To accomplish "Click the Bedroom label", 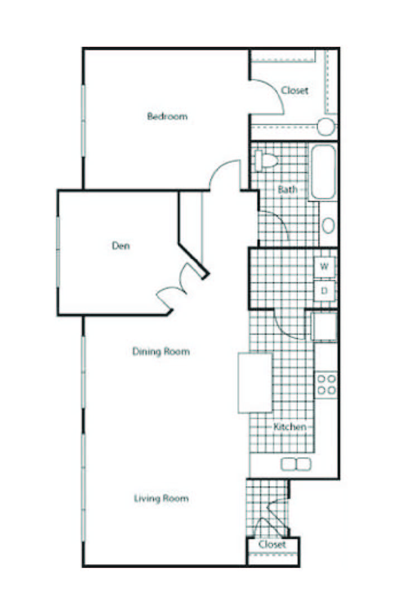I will (167, 117).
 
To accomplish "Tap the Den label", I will (121, 245).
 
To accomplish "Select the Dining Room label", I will (161, 351).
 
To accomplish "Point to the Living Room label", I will (161, 498).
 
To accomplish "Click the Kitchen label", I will (290, 427).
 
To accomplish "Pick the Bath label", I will (288, 190).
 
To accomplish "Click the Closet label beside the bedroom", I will (294, 90).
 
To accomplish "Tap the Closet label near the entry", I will (272, 544).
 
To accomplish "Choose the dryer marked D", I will (324, 290).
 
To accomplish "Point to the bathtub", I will (323, 172).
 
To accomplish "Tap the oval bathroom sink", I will (328, 225).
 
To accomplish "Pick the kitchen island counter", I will (255, 383).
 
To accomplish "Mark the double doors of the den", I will (180, 286).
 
